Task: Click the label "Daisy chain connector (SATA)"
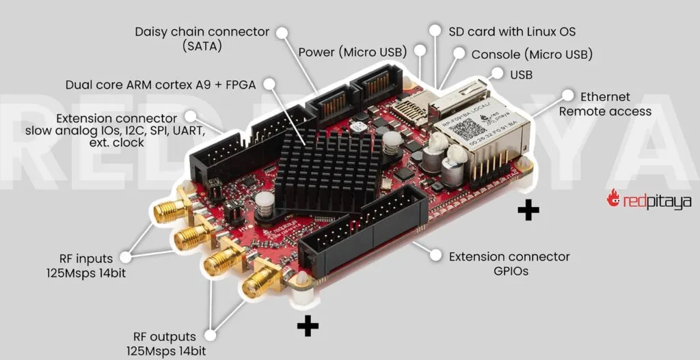pyautogui.click(x=202, y=39)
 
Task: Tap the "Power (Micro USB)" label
pyautogui.click(x=352, y=53)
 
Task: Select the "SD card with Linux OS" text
pyautogui.click(x=512, y=31)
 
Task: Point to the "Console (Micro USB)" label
pyautogui.click(x=532, y=54)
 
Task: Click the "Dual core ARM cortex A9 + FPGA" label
pyautogui.click(x=161, y=85)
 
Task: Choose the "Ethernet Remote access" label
pyautogui.click(x=605, y=104)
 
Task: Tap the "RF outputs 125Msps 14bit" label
pyautogui.click(x=164, y=344)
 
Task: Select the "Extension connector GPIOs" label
pyautogui.click(x=509, y=264)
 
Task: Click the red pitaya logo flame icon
pyautogui.click(x=612, y=198)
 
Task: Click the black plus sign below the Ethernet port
pyautogui.click(x=528, y=210)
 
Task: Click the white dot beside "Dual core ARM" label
pyautogui.click(x=270, y=84)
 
